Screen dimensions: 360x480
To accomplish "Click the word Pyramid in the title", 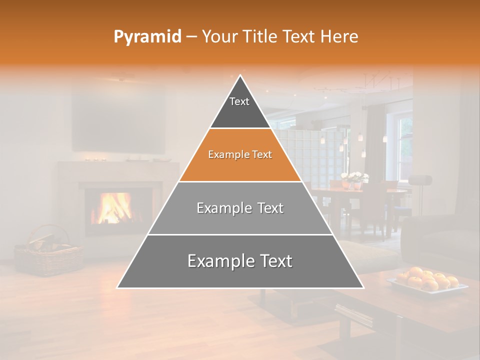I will point(147,37).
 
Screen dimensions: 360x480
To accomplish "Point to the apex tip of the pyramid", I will point(240,76).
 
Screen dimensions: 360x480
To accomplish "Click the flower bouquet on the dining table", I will point(354,177).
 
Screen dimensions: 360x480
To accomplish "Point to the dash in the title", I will point(191,37).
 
